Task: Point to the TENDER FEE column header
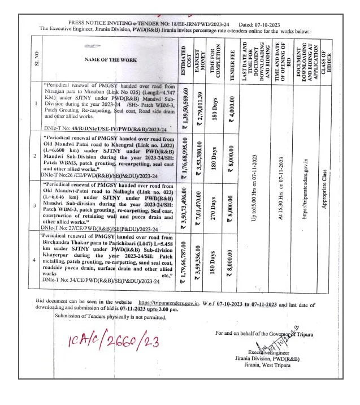coord(232,59)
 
